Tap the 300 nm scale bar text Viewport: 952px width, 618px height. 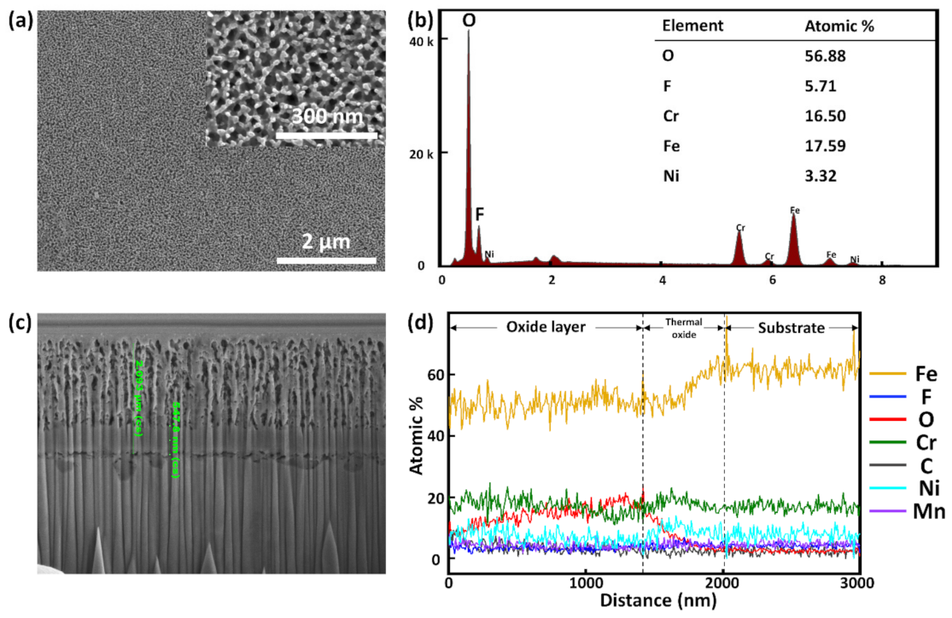point(326,116)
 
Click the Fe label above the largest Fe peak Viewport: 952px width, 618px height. point(794,208)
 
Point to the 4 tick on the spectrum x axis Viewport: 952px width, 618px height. point(662,279)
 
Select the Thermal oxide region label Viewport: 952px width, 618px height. point(682,329)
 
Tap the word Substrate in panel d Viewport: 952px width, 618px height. point(791,327)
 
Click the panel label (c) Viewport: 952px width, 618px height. point(20,322)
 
